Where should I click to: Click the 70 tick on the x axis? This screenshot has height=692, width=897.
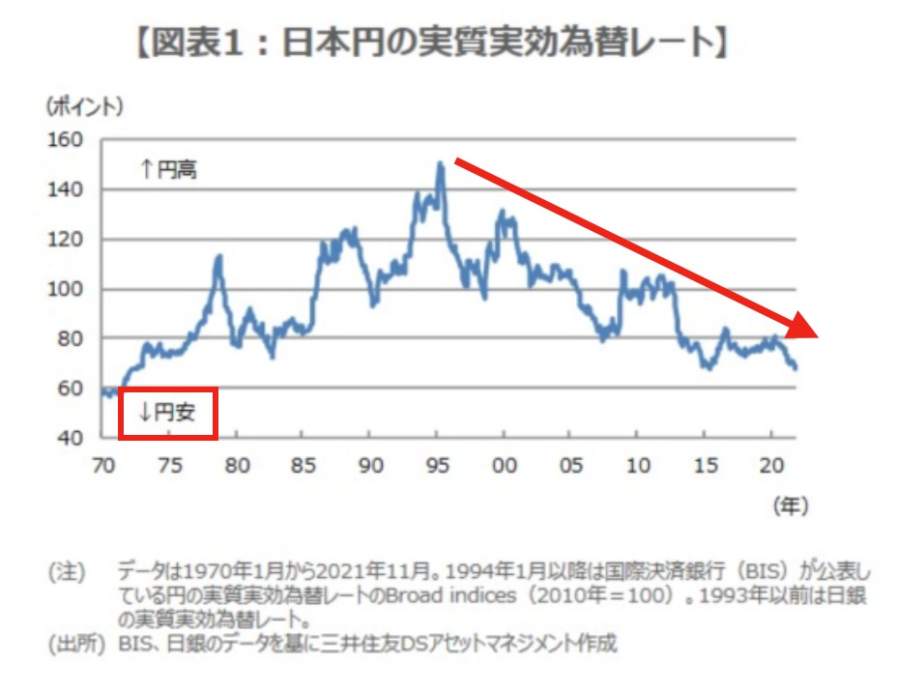(x=102, y=465)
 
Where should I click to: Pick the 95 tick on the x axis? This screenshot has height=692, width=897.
(x=437, y=465)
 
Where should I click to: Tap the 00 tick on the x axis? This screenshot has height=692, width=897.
(x=504, y=465)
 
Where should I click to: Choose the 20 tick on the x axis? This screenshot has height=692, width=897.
(x=770, y=465)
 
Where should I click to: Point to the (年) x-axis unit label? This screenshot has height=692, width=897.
(x=790, y=505)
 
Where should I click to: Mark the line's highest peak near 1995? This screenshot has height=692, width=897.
(x=441, y=163)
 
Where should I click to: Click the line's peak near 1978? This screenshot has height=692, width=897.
(x=219, y=256)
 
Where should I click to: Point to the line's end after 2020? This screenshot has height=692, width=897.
(x=795, y=368)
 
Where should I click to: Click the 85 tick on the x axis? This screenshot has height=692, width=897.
(x=304, y=465)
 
